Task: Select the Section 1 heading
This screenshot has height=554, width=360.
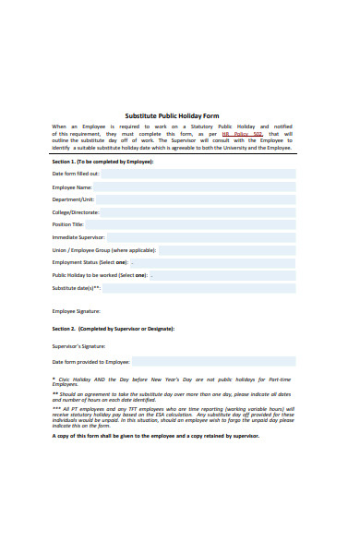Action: [102, 161]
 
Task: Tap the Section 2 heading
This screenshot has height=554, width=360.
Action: [113, 328]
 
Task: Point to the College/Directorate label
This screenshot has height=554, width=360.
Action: [75, 211]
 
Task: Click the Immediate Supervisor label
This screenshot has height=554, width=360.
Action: [78, 237]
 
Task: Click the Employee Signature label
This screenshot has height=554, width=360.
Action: [76, 310]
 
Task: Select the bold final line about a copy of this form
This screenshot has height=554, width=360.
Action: [156, 436]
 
